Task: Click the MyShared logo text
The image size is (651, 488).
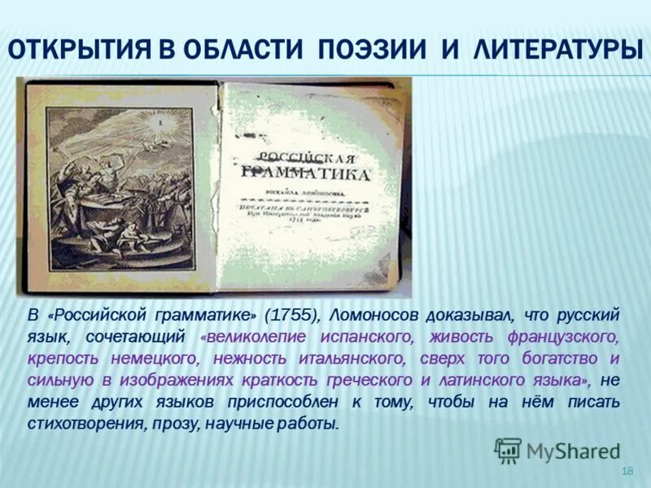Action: point(573,451)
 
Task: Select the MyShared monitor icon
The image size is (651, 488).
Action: point(508,450)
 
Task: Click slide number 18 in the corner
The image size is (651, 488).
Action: point(627,472)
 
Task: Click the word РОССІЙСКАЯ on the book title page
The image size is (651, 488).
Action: point(307,157)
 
